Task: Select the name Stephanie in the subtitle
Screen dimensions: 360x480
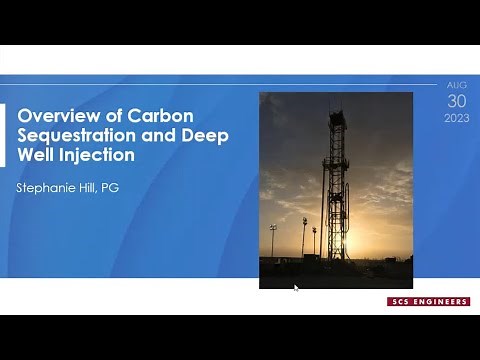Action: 49,188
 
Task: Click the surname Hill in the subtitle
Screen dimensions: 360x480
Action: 98,188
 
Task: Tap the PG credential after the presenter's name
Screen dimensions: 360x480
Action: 125,188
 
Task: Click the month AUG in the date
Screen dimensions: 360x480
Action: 455,86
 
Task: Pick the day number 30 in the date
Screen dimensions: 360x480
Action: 455,102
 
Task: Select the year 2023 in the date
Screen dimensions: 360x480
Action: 455,119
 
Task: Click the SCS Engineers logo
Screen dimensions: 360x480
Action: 428,301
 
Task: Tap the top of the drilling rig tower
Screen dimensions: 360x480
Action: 337,112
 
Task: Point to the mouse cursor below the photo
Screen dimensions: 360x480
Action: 296,288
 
